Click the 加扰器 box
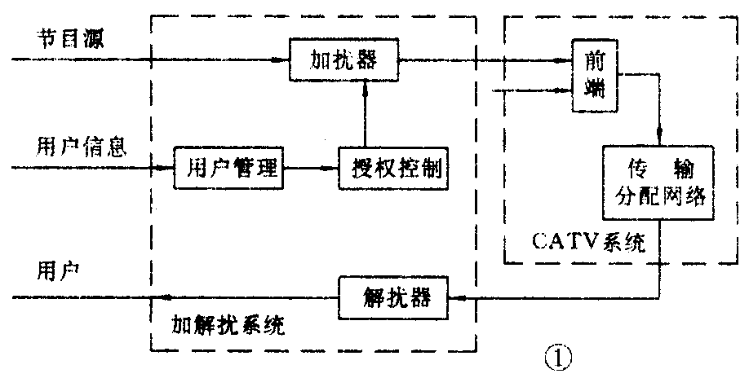pos(345,60)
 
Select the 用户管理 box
pos(227,169)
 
